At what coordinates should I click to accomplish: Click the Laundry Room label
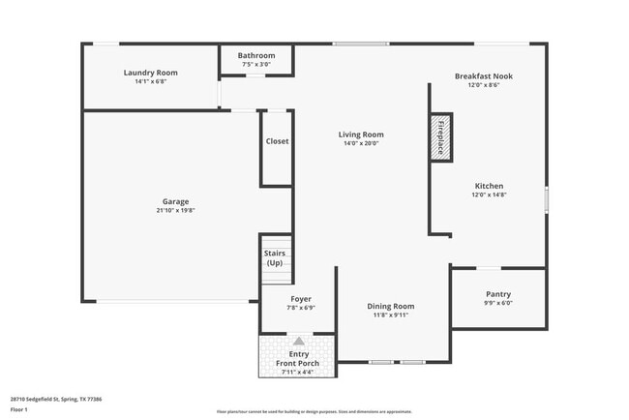150,73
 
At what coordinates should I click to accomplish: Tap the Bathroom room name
256,55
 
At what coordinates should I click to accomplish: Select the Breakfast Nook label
484,75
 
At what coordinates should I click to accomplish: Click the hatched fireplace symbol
439,136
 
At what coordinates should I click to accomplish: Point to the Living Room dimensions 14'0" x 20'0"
361,143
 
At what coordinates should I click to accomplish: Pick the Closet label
277,141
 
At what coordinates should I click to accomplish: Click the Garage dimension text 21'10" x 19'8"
175,210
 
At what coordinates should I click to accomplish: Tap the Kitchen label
489,186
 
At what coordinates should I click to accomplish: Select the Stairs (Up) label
275,257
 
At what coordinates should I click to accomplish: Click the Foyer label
301,299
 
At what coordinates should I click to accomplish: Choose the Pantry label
498,294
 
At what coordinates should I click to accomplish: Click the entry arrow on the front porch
298,342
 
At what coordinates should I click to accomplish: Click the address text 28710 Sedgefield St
56,399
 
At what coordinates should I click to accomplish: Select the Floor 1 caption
19,409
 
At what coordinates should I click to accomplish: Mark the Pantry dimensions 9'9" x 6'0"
498,303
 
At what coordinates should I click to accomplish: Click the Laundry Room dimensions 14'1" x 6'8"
150,81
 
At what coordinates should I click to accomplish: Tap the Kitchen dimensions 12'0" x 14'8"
489,195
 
